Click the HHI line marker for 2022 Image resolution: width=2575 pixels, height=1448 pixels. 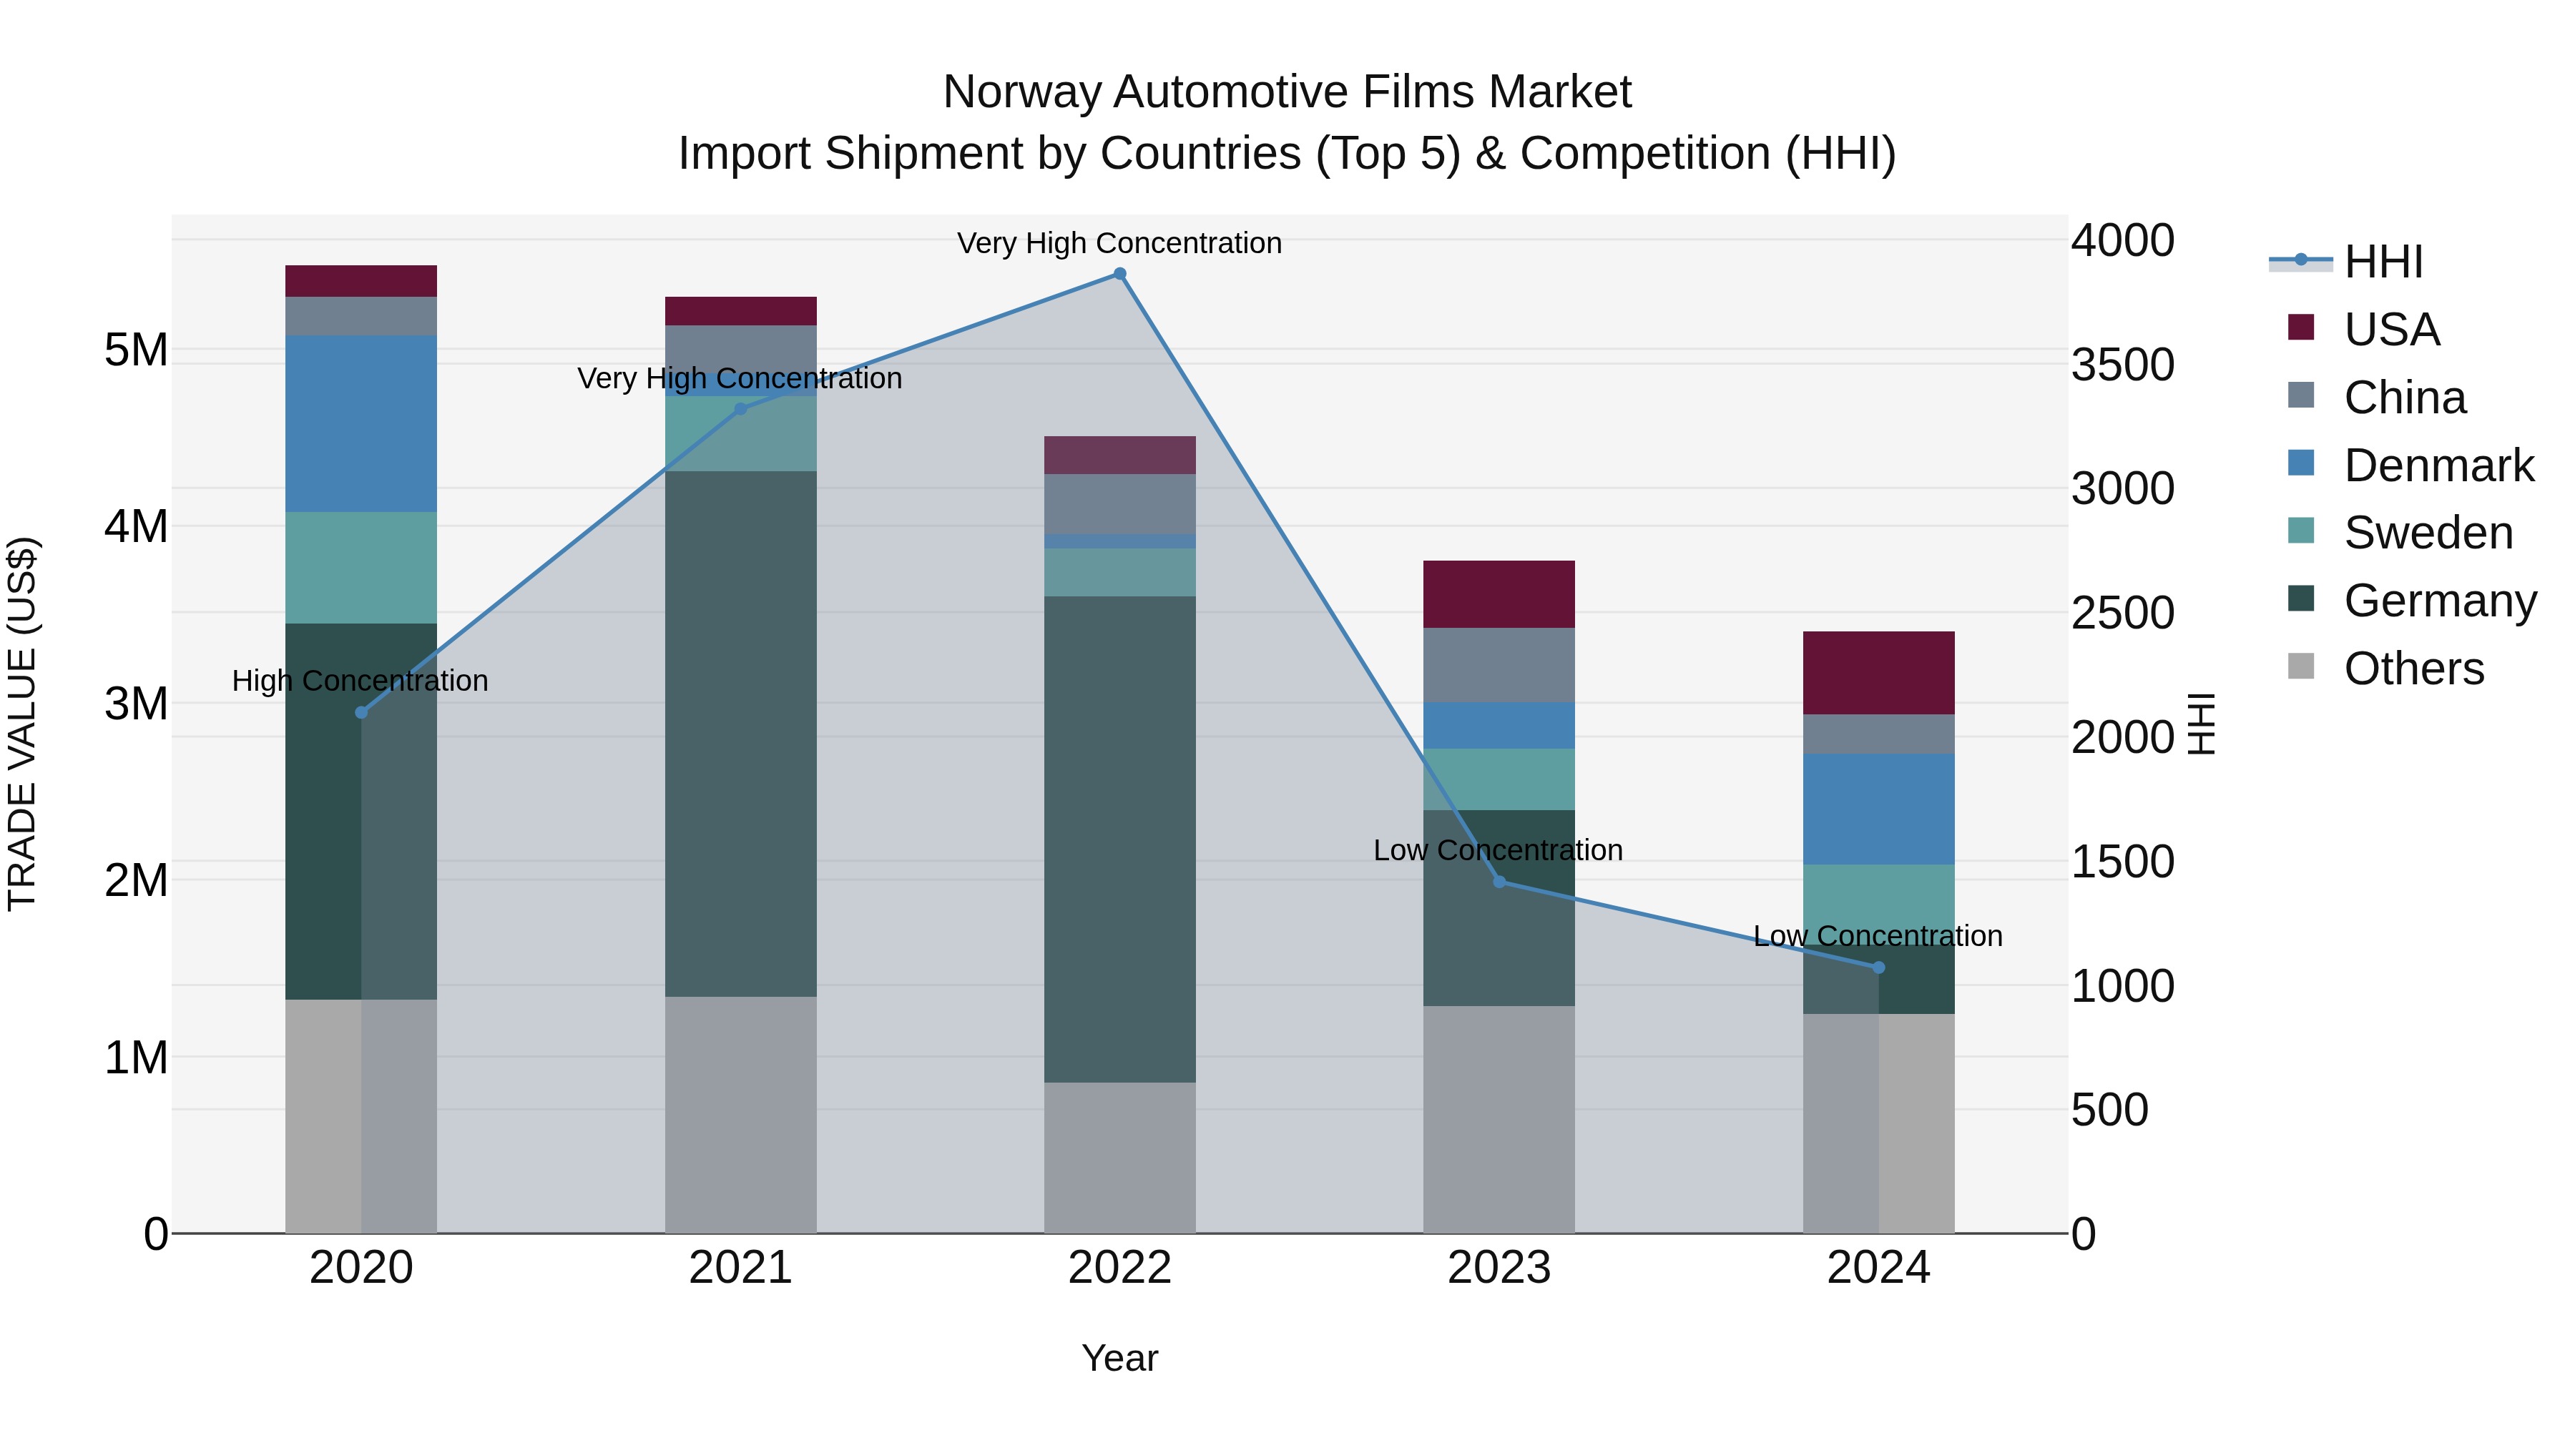(1119, 274)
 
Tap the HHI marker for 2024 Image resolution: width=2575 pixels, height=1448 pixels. (1878, 967)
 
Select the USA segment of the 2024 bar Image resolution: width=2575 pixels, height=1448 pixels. (1878, 673)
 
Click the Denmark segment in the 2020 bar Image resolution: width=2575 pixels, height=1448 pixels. (361, 424)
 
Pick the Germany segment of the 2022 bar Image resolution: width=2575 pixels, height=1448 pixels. (1119, 839)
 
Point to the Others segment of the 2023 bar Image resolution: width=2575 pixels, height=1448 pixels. (1499, 1119)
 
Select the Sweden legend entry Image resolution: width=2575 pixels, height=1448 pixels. (2427, 533)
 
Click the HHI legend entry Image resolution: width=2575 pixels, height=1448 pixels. (2383, 262)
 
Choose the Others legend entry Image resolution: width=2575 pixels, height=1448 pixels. (2413, 669)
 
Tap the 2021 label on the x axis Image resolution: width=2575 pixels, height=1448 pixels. (740, 1268)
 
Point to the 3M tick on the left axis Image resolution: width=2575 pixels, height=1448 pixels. (136, 704)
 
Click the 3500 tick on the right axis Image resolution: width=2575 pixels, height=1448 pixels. (2122, 365)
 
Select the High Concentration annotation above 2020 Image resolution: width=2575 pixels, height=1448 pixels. (360, 681)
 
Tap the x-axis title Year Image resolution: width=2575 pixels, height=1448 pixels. (1119, 1358)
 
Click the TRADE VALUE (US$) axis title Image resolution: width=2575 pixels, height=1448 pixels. (22, 724)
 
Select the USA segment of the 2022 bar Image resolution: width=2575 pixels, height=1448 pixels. (1119, 455)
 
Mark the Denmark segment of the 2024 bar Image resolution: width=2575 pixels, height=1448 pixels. (1878, 809)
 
